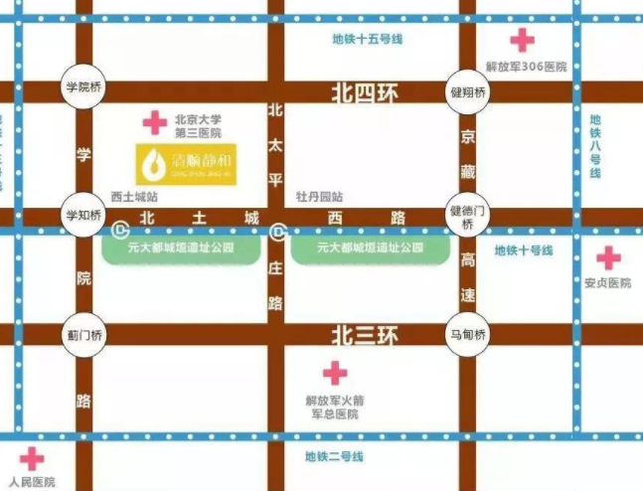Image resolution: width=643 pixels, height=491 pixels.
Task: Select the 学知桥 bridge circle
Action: click(83, 216)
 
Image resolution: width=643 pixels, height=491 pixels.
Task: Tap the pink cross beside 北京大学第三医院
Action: click(154, 123)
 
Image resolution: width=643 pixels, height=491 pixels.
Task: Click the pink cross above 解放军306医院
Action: click(522, 41)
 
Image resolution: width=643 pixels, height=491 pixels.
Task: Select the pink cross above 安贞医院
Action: click(608, 258)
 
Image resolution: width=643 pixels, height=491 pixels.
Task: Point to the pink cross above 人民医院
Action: click(32, 459)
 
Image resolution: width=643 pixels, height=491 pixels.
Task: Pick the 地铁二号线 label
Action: click(334, 456)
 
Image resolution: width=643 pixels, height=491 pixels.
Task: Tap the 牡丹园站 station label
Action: click(319, 196)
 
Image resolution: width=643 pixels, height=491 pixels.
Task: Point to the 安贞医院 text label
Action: click(608, 283)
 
